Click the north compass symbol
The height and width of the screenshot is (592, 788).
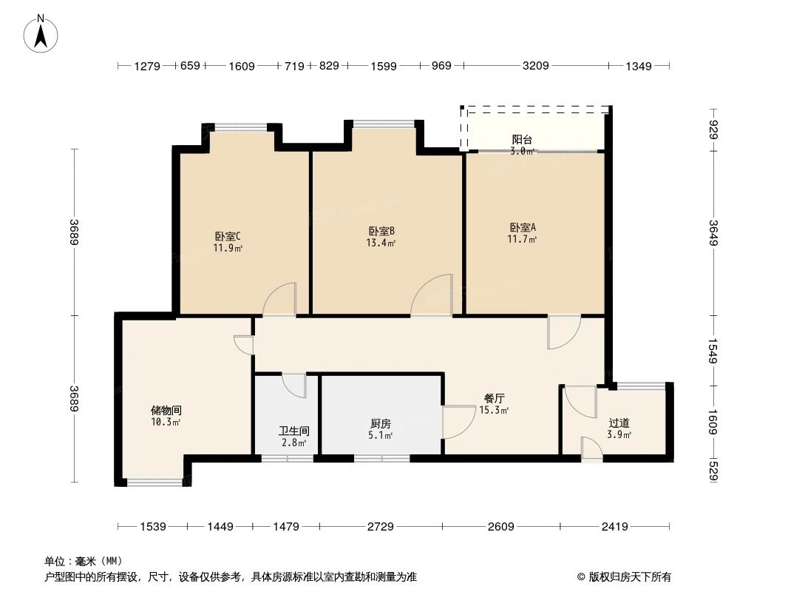click(42, 34)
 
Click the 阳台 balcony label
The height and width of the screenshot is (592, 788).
click(522, 140)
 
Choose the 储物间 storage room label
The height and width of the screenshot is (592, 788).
click(166, 410)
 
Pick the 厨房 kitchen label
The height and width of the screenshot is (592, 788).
click(381, 424)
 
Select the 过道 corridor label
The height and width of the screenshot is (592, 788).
click(619, 423)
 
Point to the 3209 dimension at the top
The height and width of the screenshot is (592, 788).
click(535, 67)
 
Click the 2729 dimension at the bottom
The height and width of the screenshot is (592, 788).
click(380, 527)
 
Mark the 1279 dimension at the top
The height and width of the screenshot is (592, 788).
click(147, 67)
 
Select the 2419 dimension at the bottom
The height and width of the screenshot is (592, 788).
click(614, 527)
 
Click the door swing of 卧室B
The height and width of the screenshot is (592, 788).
click(432, 296)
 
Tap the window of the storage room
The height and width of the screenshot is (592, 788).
click(154, 482)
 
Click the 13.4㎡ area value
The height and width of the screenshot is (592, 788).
click(381, 243)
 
